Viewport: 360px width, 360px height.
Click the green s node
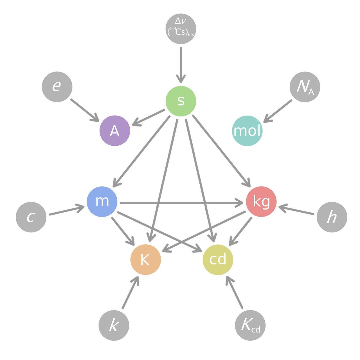point(181,101)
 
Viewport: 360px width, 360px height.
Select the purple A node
point(114,131)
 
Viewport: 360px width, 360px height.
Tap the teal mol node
point(247,131)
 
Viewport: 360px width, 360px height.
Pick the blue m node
point(102,201)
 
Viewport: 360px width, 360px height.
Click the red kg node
point(261,201)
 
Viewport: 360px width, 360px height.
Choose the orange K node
point(145,260)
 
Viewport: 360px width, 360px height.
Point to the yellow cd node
point(218,260)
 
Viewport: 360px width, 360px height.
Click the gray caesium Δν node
point(181,28)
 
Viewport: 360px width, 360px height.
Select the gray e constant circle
point(57,87)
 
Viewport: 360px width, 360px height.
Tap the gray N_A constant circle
point(305,87)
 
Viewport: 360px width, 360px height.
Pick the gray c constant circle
point(31,217)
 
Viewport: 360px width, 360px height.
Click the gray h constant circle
point(332,217)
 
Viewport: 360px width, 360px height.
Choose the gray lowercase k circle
point(114,325)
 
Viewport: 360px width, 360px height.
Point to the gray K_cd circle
point(250,325)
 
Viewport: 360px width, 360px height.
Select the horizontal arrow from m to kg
point(180,202)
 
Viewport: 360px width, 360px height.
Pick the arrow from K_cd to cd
point(235,292)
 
